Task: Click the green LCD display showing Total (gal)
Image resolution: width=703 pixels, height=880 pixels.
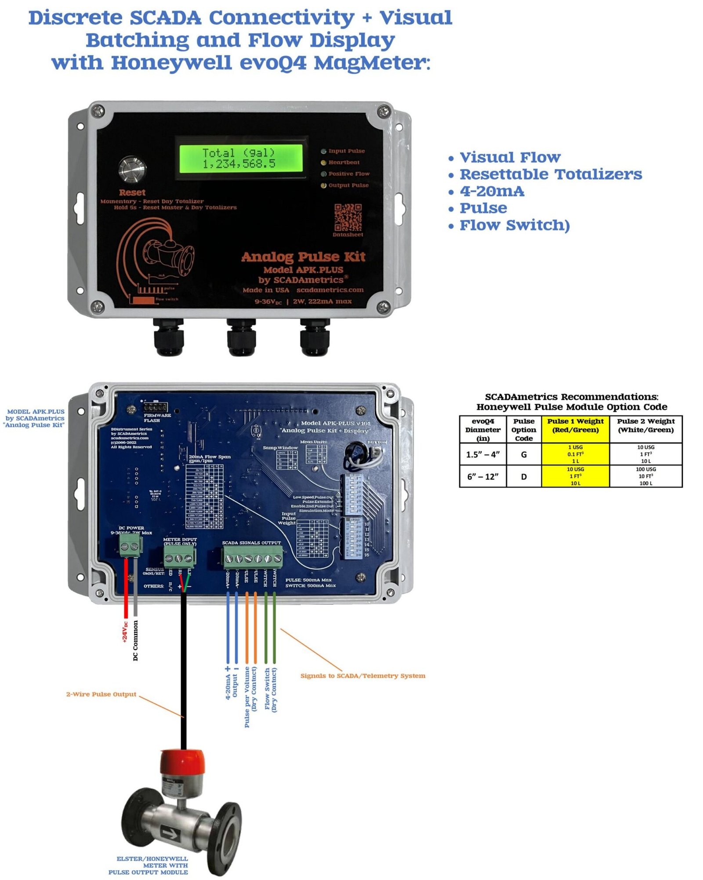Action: [239, 158]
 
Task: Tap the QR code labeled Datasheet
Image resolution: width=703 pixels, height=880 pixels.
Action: [348, 217]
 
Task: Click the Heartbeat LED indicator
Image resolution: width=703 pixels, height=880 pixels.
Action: [324, 162]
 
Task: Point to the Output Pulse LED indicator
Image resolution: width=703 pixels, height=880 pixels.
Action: [324, 185]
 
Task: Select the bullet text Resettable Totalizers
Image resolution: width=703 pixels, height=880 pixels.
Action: [550, 174]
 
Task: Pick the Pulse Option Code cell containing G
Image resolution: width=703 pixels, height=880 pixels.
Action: [523, 454]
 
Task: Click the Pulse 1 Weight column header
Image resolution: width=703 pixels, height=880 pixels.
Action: [575, 426]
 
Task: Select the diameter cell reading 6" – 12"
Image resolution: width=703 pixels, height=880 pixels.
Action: [482, 476]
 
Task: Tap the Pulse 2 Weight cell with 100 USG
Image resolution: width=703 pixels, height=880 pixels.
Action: [645, 476]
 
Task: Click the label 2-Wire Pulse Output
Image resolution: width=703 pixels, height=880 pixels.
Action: [101, 694]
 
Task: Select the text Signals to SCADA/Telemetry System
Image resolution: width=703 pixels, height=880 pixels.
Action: [362, 676]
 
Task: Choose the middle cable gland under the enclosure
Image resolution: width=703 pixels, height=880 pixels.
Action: [241, 337]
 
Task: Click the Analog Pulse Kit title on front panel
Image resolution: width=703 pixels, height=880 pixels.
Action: [303, 257]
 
